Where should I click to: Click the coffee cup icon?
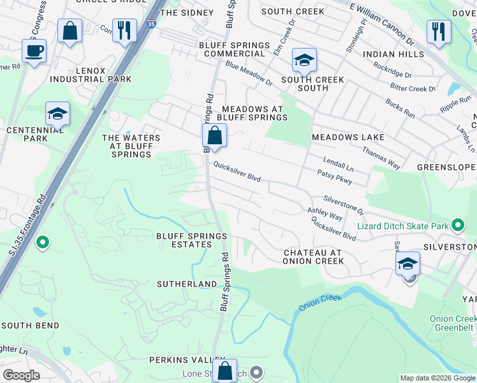click(x=34, y=50)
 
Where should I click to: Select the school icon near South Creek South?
click(x=304, y=61)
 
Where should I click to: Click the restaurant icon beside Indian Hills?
click(x=438, y=31)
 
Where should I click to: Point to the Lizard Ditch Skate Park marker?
click(x=457, y=225)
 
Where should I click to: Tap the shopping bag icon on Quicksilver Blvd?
click(x=215, y=135)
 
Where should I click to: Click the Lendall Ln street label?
click(x=337, y=163)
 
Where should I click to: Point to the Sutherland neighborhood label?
click(x=187, y=283)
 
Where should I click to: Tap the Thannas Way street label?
click(x=381, y=158)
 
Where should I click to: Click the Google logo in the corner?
click(x=21, y=375)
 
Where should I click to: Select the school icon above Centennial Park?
click(x=57, y=114)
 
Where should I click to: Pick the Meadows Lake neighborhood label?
click(x=348, y=137)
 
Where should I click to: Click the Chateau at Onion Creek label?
click(x=313, y=257)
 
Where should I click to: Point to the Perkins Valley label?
click(x=187, y=360)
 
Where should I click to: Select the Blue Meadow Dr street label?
click(x=249, y=75)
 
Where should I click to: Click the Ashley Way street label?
click(x=325, y=214)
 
